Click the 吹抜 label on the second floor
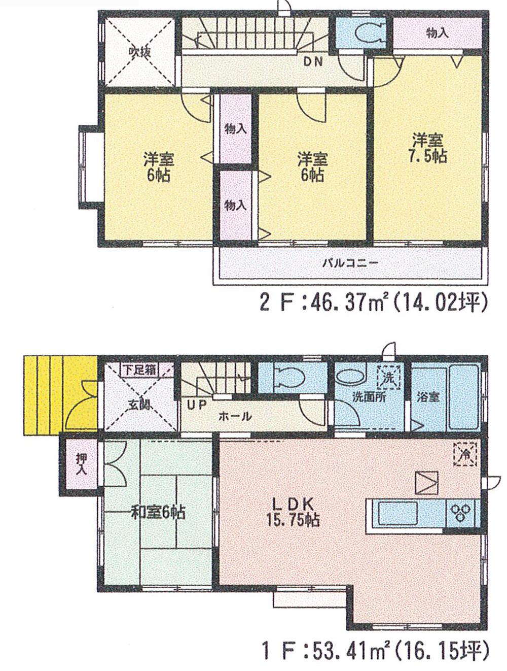(x=139, y=52)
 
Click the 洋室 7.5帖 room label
(x=428, y=148)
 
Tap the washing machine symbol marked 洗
(x=388, y=378)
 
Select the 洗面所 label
(x=369, y=397)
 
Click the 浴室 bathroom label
(x=428, y=397)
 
